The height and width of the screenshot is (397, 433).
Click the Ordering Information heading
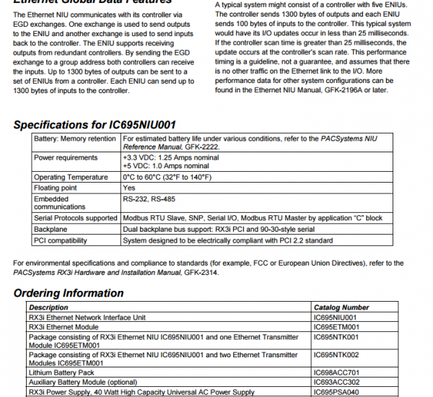(69, 293)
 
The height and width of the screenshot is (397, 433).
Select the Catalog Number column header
(341, 307)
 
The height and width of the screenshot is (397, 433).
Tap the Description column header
(49, 307)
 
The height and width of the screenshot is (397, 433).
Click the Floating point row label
(56, 187)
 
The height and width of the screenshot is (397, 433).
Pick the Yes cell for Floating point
(129, 187)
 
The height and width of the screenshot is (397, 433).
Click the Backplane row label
(53, 228)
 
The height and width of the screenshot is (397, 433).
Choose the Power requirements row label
(67, 157)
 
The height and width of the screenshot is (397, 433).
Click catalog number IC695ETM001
(336, 327)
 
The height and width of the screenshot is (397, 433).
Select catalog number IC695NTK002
(336, 355)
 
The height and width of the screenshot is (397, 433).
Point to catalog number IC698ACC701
(337, 373)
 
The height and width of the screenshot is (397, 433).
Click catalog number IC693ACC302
(337, 383)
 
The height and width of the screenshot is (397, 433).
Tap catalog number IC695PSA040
(337, 392)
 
